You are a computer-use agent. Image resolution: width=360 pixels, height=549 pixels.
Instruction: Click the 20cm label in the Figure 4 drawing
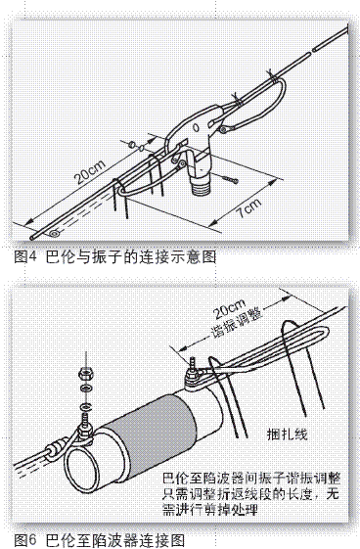coord(90,172)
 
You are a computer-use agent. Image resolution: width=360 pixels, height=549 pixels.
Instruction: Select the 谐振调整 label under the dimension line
coord(237,323)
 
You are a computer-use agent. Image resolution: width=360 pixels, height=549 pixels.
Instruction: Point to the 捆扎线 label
coord(287,434)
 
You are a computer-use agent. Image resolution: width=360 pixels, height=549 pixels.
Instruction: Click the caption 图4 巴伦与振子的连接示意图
coord(114,257)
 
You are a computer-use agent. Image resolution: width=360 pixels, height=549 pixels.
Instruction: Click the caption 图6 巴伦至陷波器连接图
coord(99,540)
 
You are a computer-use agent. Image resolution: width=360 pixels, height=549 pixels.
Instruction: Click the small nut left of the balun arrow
coord(132,144)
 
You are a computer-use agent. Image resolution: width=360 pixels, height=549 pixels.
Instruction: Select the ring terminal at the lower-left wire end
coord(54,233)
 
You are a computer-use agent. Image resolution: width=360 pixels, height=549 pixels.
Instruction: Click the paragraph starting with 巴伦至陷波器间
coord(250,494)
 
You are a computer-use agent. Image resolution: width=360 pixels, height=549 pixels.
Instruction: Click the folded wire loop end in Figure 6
coord(327,333)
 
